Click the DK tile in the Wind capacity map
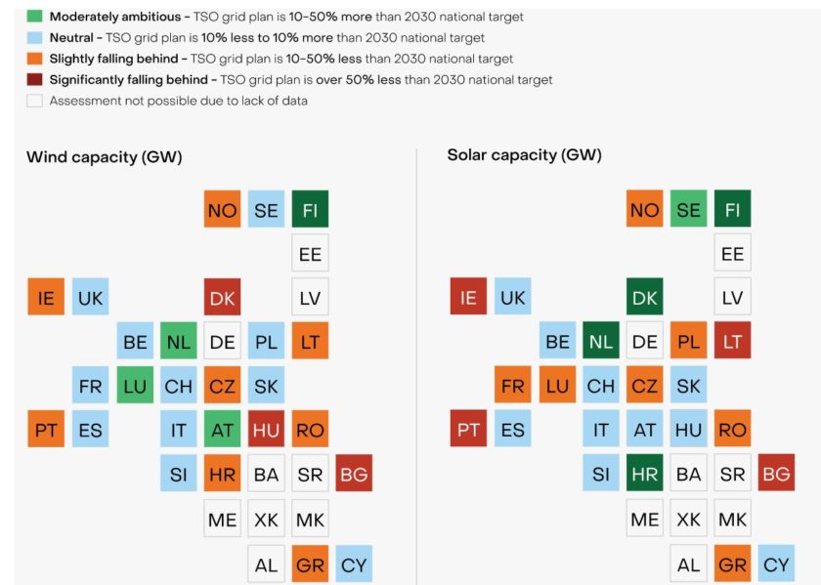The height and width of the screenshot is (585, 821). tap(222, 297)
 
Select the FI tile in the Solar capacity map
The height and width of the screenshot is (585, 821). tap(732, 209)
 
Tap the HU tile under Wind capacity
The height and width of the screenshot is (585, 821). tap(266, 429)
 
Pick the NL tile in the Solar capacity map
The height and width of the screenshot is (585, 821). tap(601, 341)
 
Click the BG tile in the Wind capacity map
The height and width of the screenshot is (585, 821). tap(354, 473)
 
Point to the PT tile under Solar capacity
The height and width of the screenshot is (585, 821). tap(469, 429)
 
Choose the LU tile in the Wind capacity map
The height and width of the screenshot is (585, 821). tap(135, 385)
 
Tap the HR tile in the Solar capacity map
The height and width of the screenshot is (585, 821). tap(645, 473)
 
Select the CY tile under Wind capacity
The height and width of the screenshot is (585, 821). tap(354, 564)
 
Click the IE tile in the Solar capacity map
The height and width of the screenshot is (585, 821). tap(469, 297)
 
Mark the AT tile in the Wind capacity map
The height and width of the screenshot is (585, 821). tap(222, 429)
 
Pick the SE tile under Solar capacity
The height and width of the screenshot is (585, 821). tap(689, 209)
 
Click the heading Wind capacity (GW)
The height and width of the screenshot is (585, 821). tap(105, 156)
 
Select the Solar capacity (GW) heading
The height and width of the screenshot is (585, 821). tap(525, 155)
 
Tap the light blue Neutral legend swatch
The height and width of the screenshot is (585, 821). tap(34, 37)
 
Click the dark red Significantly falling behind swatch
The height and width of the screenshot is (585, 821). tap(34, 79)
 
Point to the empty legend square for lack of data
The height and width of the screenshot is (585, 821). tap(34, 101)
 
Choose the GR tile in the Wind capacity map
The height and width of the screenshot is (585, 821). tap(310, 564)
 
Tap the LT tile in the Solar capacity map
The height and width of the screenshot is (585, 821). tap(732, 341)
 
